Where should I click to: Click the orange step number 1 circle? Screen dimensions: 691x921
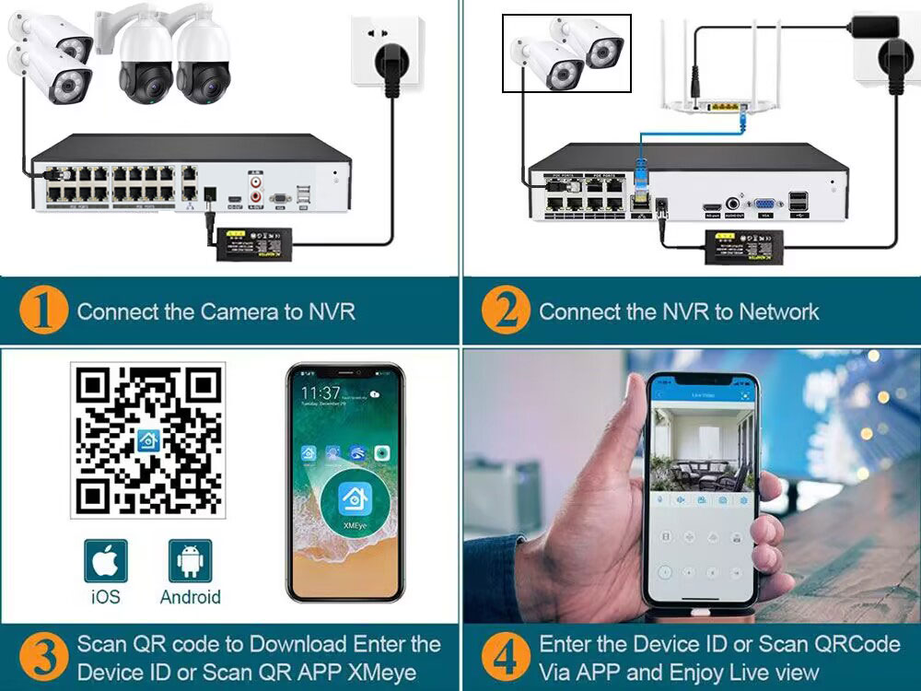[x=43, y=311]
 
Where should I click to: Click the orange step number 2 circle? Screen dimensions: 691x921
[x=506, y=311]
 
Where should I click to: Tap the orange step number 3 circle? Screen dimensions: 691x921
[x=43, y=658]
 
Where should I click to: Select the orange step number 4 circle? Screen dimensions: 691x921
[x=506, y=658]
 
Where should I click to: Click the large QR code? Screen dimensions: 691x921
[x=148, y=440]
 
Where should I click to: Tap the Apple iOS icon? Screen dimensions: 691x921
[x=106, y=561]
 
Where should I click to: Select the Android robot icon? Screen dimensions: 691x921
[x=190, y=561]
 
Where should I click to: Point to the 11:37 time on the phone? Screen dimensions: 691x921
[x=320, y=393]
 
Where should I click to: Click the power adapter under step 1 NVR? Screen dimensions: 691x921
[x=252, y=242]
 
